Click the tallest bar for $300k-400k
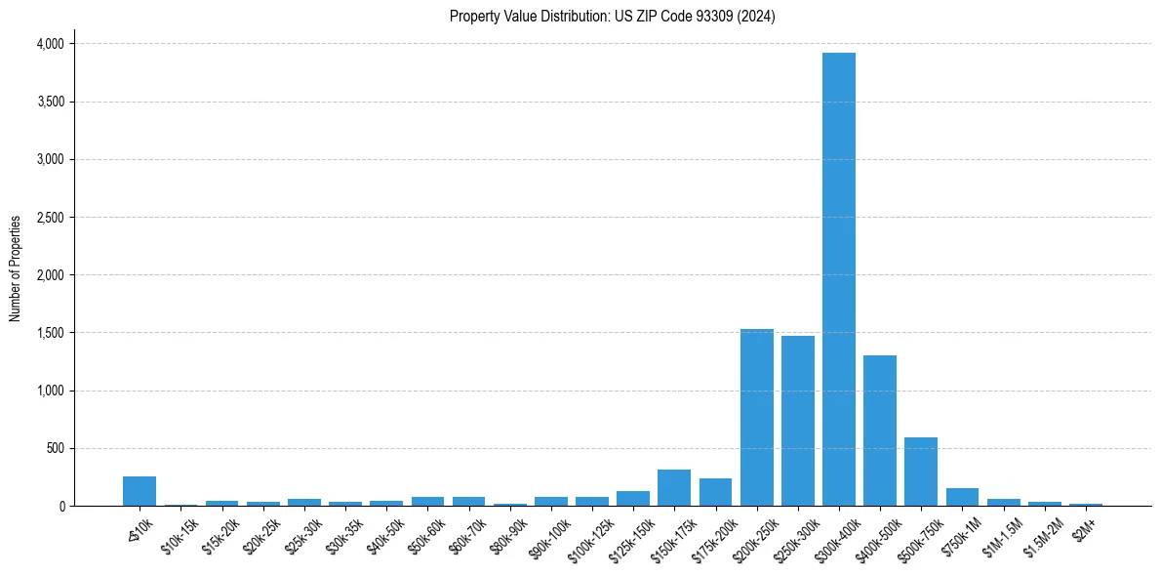click(x=838, y=279)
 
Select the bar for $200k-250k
click(x=756, y=418)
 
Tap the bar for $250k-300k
click(x=797, y=421)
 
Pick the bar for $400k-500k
click(x=879, y=431)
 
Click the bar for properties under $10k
click(x=140, y=491)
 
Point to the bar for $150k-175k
click(x=674, y=488)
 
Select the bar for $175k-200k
click(x=715, y=492)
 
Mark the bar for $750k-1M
click(x=962, y=497)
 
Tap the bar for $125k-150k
click(x=633, y=499)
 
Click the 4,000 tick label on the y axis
click(x=50, y=44)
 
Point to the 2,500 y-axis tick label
click(x=50, y=218)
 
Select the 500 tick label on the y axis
click(x=56, y=449)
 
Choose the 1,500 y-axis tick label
click(x=50, y=333)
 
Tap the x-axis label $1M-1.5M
click(x=1002, y=530)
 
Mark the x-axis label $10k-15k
click(x=179, y=530)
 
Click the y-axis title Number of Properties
click(x=16, y=268)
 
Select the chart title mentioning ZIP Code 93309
click(x=612, y=16)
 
